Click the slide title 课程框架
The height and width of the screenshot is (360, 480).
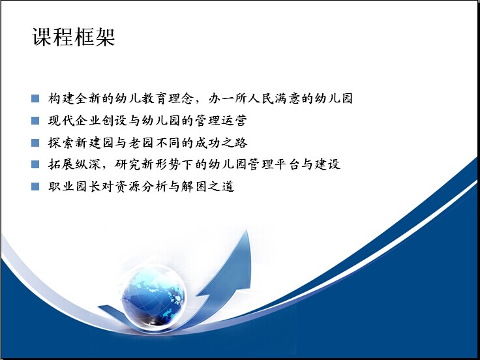tap(74, 37)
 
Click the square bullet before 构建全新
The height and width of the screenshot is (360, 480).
tap(35, 98)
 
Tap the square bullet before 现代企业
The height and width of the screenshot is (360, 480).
tap(35, 121)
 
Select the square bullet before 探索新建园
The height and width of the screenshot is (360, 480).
tap(35, 143)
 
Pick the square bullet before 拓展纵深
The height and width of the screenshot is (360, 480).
tap(35, 164)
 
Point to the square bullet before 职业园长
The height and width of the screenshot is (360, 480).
tap(35, 187)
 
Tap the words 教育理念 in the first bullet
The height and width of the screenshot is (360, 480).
tap(167, 98)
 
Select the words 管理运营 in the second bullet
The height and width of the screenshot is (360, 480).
tap(220, 121)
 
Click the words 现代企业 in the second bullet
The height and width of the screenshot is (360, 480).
tap(74, 121)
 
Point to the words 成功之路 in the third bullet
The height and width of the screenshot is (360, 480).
tap(220, 143)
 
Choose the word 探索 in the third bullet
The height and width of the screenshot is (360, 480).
tap(61, 143)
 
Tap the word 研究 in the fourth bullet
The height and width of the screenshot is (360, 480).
tap(127, 164)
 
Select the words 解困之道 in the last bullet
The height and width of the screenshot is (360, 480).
tap(207, 187)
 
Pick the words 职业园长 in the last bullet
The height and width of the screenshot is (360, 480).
tap(74, 187)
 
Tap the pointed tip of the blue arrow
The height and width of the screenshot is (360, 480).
tap(247, 230)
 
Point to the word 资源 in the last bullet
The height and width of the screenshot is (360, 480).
tap(127, 187)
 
